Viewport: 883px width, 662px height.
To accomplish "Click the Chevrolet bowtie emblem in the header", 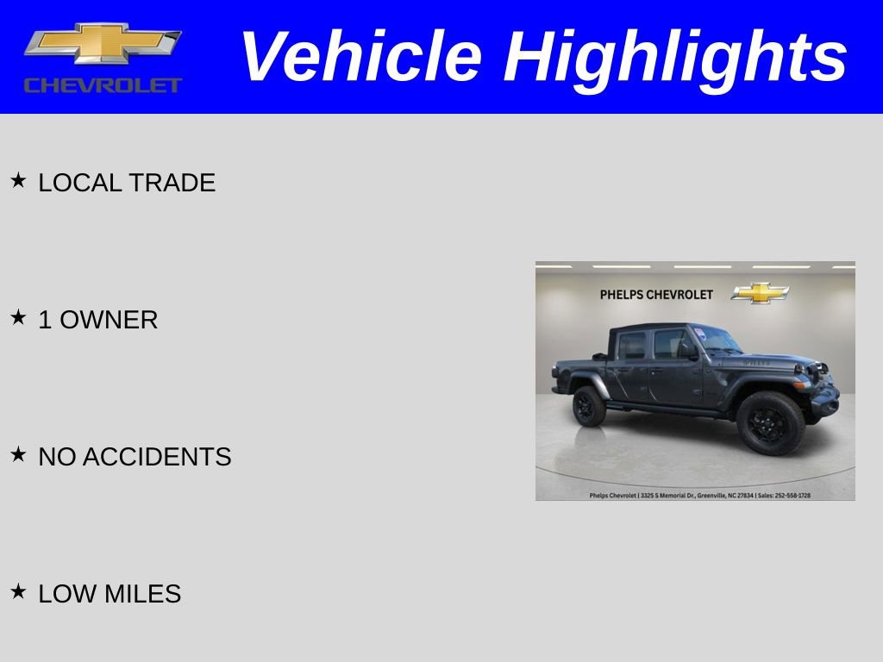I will (103, 44).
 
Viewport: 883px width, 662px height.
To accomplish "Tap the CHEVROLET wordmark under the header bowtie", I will (103, 85).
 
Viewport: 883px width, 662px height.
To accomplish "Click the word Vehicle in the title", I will (360, 57).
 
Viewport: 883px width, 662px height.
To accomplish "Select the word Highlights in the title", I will (675, 57).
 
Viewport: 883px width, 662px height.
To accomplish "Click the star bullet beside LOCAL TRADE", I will (18, 180).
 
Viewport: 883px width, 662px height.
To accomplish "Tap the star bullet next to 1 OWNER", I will (18, 317).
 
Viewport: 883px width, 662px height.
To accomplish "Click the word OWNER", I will (109, 320).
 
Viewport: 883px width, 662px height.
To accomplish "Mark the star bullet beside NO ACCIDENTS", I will (18, 454).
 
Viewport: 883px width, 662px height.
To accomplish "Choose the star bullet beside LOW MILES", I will (18, 591).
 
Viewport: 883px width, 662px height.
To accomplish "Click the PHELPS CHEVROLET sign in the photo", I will (656, 295).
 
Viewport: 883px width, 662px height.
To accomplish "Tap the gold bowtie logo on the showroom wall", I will (760, 293).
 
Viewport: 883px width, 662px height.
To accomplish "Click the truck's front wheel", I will (769, 422).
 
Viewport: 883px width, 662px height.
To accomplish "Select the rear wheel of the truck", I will (589, 406).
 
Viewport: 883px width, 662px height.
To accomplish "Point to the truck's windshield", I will (717, 340).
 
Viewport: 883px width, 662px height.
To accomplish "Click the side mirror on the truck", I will (690, 352).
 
